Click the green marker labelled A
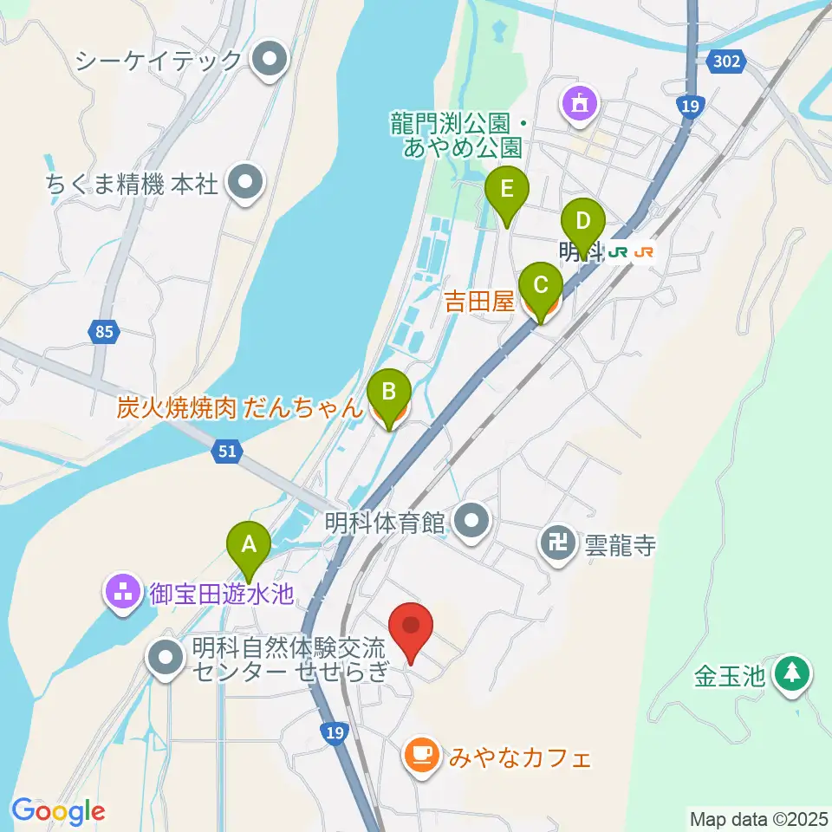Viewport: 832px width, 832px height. click(249, 547)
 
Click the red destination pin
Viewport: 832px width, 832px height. click(412, 628)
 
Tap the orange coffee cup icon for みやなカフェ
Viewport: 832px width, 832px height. click(422, 755)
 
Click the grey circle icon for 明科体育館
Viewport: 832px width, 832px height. click(472, 522)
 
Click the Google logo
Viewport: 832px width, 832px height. click(58, 811)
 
